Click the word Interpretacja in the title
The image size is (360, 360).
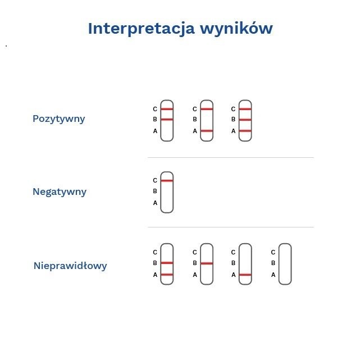pyautogui.click(x=141, y=29)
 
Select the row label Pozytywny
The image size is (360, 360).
pyautogui.click(x=59, y=119)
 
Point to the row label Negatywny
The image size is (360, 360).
pyautogui.click(x=60, y=192)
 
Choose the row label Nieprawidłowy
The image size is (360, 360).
pyautogui.click(x=70, y=266)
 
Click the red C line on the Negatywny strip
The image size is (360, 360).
pyautogui.click(x=167, y=181)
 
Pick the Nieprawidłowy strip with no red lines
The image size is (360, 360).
pyautogui.click(x=285, y=264)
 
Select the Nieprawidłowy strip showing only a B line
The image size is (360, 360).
pyautogui.click(x=207, y=264)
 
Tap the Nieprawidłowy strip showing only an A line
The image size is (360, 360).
pyautogui.click(x=245, y=264)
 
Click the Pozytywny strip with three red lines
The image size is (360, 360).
pyautogui.click(x=245, y=120)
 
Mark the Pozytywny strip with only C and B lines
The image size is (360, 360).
pyautogui.click(x=167, y=120)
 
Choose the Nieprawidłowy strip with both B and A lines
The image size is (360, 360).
pyautogui.click(x=167, y=264)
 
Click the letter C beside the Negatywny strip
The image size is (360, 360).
pyautogui.click(x=156, y=181)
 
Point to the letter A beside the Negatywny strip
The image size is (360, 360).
pyautogui.click(x=156, y=203)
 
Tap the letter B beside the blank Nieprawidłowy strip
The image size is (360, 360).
pyautogui.click(x=273, y=263)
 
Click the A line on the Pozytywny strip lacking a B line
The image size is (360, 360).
pyautogui.click(x=207, y=131)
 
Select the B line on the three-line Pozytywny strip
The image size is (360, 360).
pyautogui.click(x=245, y=120)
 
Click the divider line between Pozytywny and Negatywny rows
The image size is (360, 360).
pyautogui.click(x=230, y=158)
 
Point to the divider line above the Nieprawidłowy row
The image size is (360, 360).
pyautogui.click(x=230, y=227)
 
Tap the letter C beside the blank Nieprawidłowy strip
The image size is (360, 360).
pyautogui.click(x=273, y=252)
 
